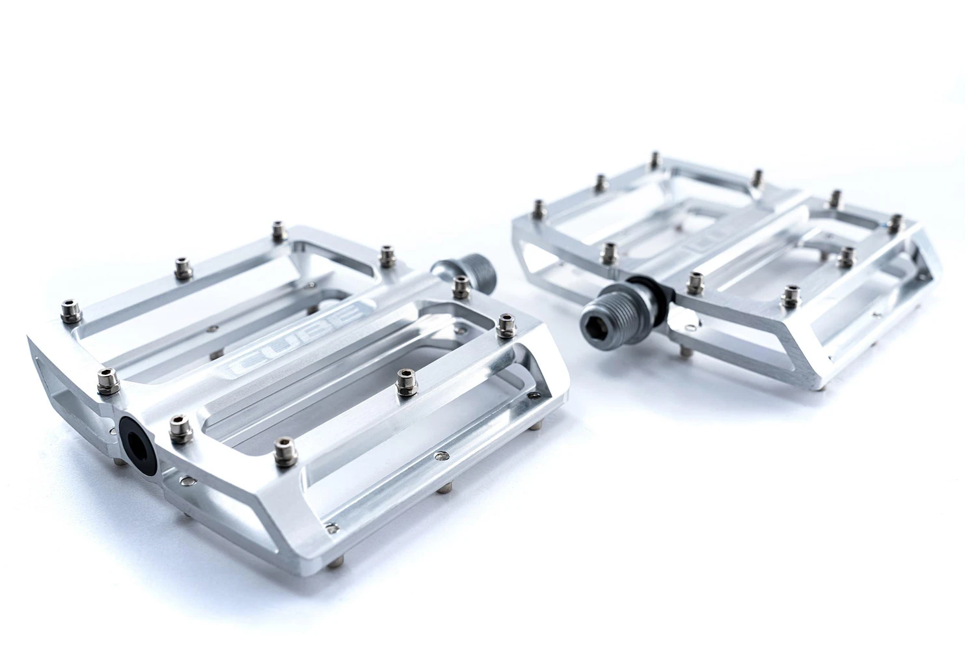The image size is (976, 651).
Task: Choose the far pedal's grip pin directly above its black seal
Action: point(610,251)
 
